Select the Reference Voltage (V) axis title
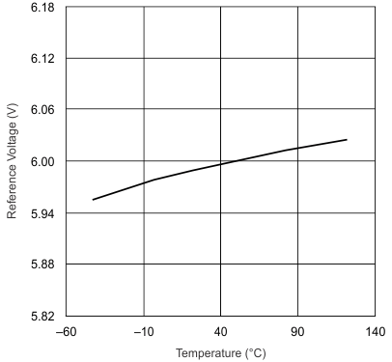click(13, 161)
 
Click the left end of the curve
click(93, 200)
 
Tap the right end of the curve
click(347, 140)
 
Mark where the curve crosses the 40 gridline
click(220, 164)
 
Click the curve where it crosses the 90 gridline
click(297, 149)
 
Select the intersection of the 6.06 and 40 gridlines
click(220, 110)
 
